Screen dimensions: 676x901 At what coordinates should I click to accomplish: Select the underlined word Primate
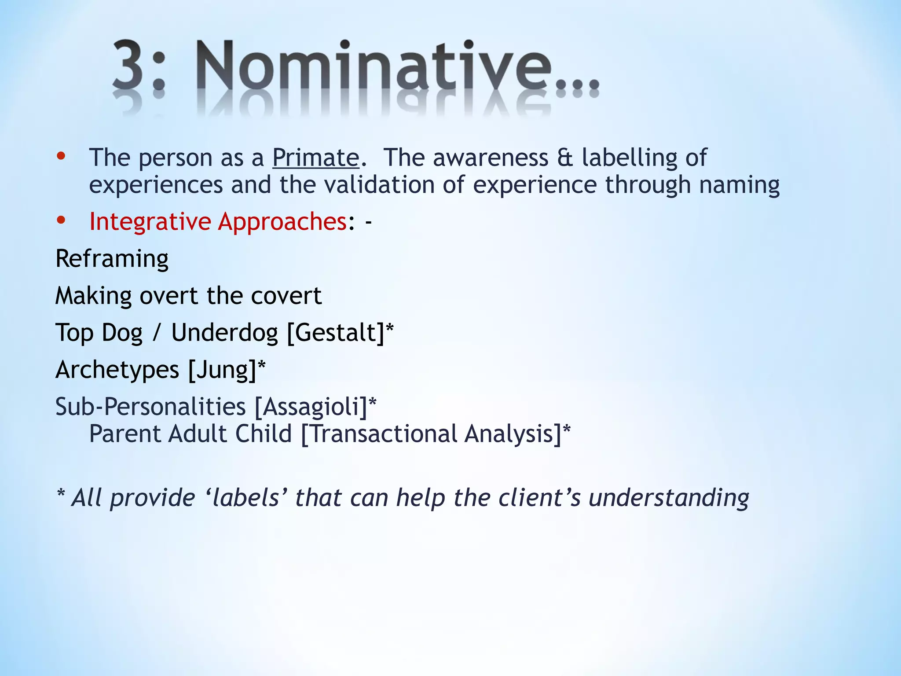click(315, 158)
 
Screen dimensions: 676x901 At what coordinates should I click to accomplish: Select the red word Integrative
click(150, 222)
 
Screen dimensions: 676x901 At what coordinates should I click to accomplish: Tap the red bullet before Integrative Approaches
click(61, 220)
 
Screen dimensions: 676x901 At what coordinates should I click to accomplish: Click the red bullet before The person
click(61, 156)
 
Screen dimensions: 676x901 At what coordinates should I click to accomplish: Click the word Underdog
click(224, 333)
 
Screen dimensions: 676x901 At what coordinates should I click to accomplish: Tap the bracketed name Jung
click(222, 370)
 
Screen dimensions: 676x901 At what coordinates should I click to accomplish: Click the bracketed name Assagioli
click(311, 407)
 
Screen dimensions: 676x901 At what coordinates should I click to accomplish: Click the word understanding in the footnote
click(669, 499)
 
